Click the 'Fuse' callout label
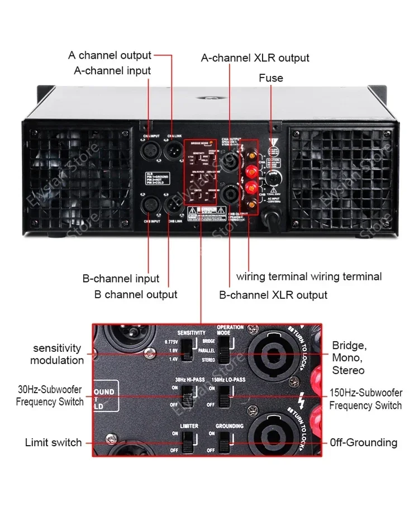click(271, 78)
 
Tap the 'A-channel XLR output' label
click(255, 58)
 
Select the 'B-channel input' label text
click(121, 278)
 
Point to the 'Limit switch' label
click(53, 442)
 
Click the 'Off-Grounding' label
click(363, 442)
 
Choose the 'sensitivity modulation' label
click(57, 354)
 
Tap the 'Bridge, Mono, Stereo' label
click(350, 357)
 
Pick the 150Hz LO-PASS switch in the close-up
click(223, 397)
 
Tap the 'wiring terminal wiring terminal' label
click(309, 276)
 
